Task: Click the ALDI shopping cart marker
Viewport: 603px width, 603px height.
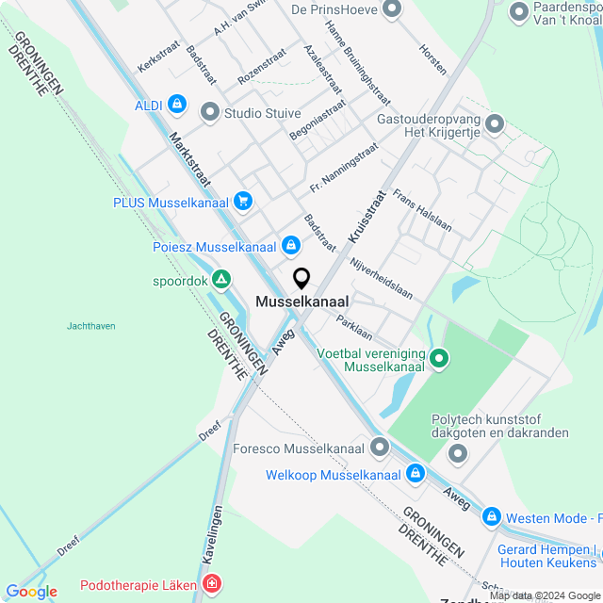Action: coord(177,105)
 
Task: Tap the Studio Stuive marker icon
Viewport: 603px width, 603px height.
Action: coord(209,113)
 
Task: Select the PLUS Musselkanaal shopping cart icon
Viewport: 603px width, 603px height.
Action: coord(243,201)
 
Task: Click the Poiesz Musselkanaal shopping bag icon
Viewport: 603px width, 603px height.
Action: coord(291,247)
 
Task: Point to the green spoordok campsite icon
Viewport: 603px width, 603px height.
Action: coord(220,280)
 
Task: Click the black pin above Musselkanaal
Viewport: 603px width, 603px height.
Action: coord(301,279)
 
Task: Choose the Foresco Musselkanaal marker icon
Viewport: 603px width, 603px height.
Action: coord(380,447)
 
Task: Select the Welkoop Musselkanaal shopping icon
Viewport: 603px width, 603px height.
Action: coord(416,475)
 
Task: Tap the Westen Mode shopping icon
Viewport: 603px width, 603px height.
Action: coord(491,517)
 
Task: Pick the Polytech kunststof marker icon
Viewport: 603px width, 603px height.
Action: coord(459,454)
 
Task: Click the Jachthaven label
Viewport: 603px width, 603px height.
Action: coord(91,326)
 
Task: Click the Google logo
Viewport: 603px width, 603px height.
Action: coord(32,592)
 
